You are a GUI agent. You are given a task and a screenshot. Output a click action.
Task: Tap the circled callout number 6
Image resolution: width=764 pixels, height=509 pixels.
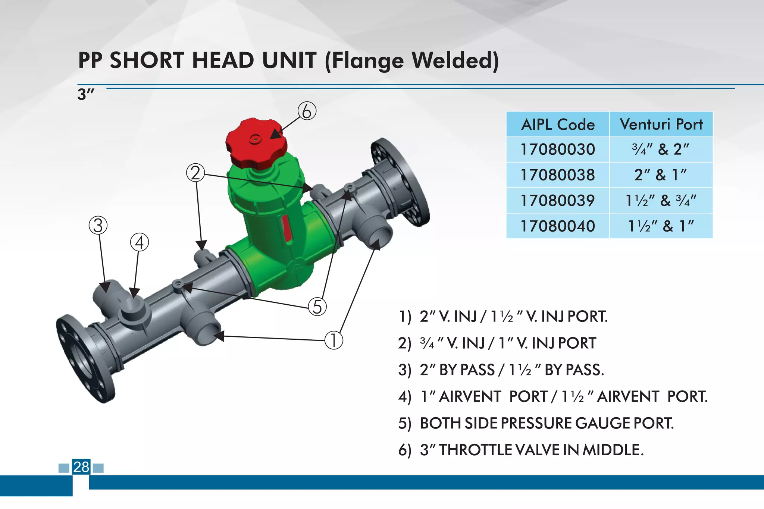tap(307, 111)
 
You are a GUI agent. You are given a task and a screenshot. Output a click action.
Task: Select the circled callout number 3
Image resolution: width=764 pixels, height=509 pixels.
tap(98, 226)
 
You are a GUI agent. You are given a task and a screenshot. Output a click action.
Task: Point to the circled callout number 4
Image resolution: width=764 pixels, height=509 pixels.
tap(140, 243)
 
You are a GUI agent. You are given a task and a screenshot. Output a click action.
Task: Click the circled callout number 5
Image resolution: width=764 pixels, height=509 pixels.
tap(317, 307)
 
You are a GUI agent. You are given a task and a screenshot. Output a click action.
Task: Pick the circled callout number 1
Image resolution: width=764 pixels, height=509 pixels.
tap(334, 340)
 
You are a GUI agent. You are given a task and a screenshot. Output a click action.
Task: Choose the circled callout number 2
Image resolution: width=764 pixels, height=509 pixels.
tap(195, 173)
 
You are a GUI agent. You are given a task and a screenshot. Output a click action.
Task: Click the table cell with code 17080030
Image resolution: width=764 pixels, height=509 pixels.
tap(558, 150)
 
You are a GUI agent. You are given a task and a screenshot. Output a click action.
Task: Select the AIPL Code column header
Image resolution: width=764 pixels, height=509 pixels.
tap(558, 124)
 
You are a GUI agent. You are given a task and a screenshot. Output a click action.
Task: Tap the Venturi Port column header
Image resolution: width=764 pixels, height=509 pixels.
tap(661, 124)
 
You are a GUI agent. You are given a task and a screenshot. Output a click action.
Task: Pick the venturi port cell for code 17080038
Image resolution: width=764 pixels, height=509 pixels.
tap(661, 175)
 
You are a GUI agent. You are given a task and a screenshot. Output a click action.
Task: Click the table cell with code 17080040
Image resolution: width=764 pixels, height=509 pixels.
tap(558, 226)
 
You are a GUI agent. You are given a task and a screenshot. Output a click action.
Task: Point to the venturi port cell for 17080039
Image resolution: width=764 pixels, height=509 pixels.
tap(661, 201)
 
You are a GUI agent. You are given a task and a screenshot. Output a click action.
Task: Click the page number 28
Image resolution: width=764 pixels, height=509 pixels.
tap(81, 467)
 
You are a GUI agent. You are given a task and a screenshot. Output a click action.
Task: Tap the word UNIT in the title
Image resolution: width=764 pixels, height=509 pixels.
tap(289, 60)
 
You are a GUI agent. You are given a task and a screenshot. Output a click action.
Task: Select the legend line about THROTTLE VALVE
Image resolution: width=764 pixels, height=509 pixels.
tap(521, 450)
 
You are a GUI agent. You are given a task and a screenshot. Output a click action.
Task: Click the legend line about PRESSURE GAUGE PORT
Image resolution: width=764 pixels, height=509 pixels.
tap(536, 423)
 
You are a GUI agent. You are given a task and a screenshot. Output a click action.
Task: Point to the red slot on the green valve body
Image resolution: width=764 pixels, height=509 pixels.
tap(286, 228)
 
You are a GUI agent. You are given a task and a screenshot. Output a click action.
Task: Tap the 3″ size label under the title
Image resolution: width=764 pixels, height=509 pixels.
tap(85, 94)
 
